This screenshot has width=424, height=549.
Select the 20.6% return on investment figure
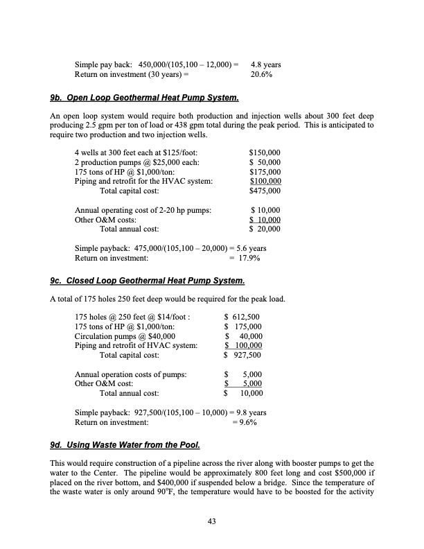click(261, 75)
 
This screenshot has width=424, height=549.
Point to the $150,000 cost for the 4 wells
click(265, 152)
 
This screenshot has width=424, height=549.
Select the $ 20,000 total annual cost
click(265, 229)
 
